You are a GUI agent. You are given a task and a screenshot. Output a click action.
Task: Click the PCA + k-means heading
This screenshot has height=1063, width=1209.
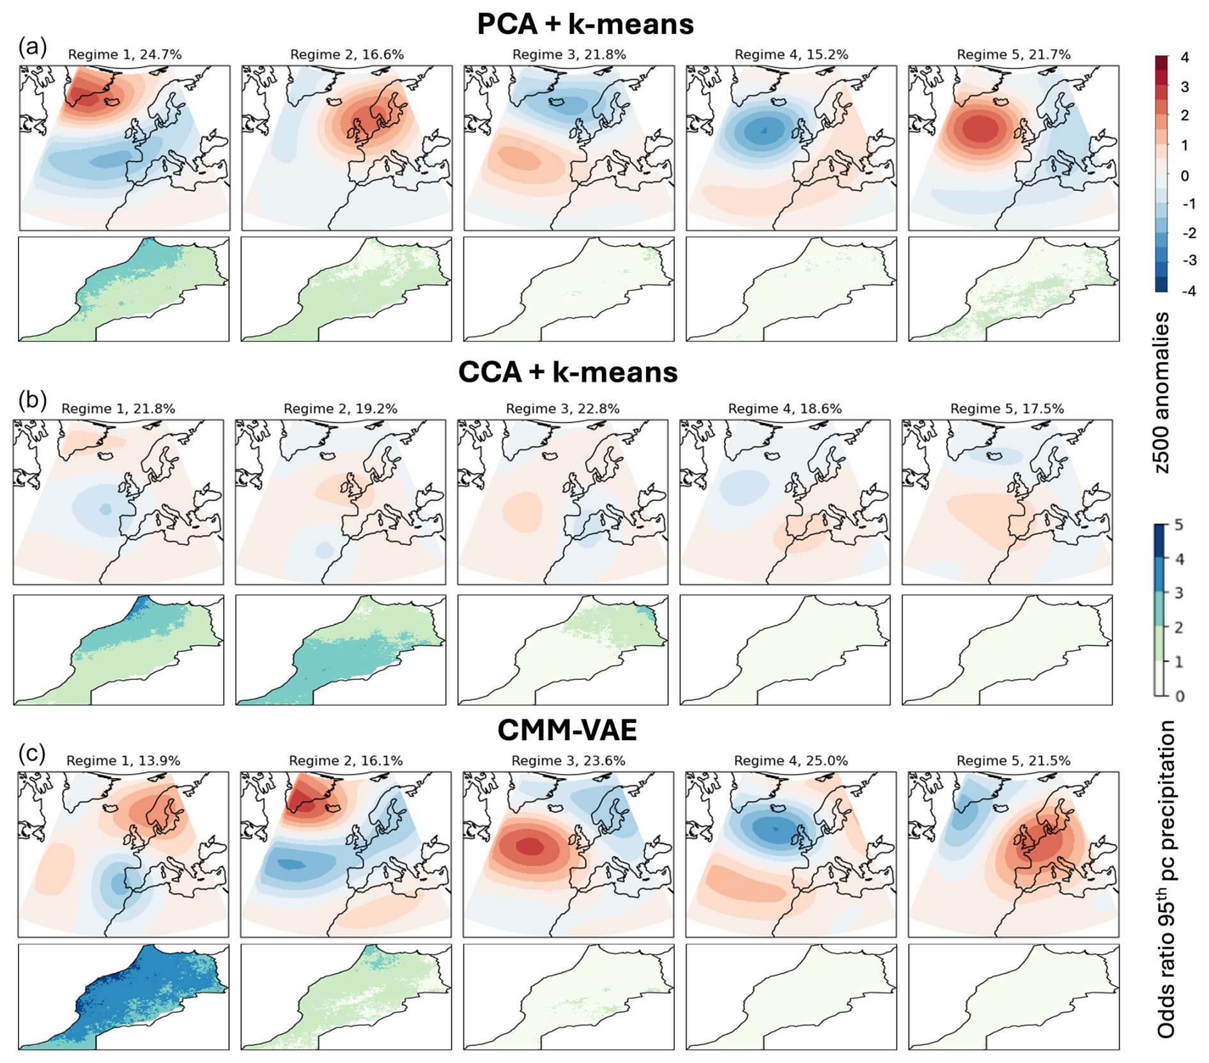[585, 24]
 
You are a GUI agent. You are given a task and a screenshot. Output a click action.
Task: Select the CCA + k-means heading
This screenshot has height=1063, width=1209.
[568, 372]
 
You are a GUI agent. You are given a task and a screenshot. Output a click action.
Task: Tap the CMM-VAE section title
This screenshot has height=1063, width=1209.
[567, 730]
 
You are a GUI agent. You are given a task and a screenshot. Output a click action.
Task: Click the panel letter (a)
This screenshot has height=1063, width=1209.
[33, 47]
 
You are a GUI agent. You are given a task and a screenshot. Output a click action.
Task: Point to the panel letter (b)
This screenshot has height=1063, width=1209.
[33, 400]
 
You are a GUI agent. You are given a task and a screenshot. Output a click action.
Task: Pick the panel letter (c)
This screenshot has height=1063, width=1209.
[33, 753]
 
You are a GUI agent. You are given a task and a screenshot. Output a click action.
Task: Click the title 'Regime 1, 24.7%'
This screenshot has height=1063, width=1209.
[125, 55]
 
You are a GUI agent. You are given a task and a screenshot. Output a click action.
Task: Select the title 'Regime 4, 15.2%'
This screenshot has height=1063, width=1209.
[791, 55]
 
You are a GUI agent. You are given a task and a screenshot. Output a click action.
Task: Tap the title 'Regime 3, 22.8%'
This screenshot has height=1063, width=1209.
[562, 409]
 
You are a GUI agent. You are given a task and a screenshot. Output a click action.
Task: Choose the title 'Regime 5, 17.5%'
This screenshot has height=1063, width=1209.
[1007, 409]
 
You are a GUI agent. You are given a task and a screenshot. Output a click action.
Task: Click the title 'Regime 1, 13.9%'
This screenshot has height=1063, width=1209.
[123, 761]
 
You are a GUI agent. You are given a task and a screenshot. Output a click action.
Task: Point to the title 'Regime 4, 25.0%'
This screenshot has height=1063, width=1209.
[790, 761]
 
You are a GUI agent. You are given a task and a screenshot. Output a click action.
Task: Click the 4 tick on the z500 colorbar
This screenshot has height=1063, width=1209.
[1185, 58]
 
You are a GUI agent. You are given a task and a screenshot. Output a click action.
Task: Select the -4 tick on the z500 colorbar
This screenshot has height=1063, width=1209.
[1187, 291]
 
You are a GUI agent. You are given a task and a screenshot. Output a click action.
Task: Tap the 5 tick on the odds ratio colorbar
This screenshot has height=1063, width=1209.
[1179, 525]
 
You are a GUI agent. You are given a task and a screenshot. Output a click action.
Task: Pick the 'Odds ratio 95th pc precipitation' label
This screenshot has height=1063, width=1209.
[1167, 879]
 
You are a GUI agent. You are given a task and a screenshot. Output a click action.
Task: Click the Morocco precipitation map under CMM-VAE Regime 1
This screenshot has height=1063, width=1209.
[123, 997]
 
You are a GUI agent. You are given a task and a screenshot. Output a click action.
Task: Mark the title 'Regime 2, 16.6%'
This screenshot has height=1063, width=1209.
[347, 55]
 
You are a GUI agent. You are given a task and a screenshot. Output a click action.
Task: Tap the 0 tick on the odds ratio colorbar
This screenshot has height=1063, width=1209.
[1180, 696]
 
